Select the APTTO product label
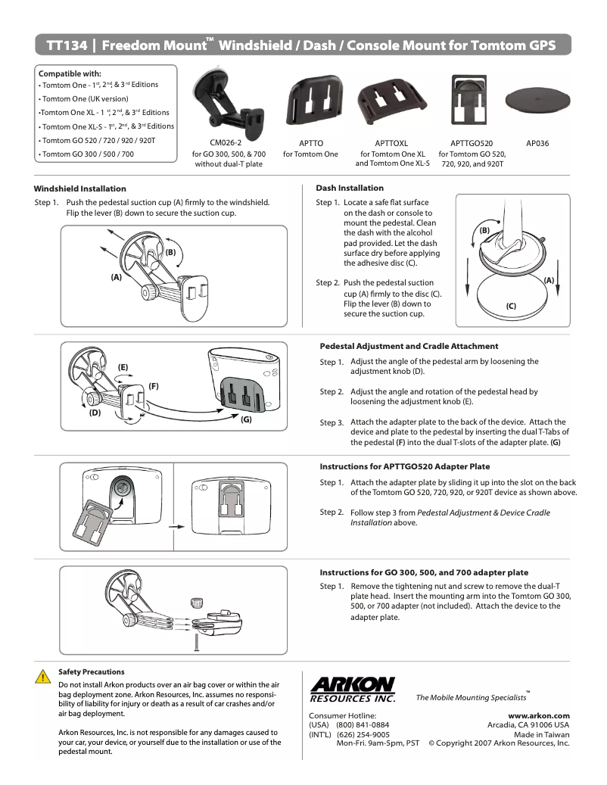pos(310,142)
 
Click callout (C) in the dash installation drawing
pos(511,307)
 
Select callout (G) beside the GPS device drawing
pos(246,419)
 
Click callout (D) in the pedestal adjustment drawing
pos(95,413)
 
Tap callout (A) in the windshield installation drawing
pos(116,278)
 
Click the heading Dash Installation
pos(350,188)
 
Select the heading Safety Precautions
pos(92,671)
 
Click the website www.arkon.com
pos(539,715)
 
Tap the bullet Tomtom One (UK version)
pos(86,98)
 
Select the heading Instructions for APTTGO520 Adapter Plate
pos(404,466)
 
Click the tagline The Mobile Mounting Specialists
pos(471,697)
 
